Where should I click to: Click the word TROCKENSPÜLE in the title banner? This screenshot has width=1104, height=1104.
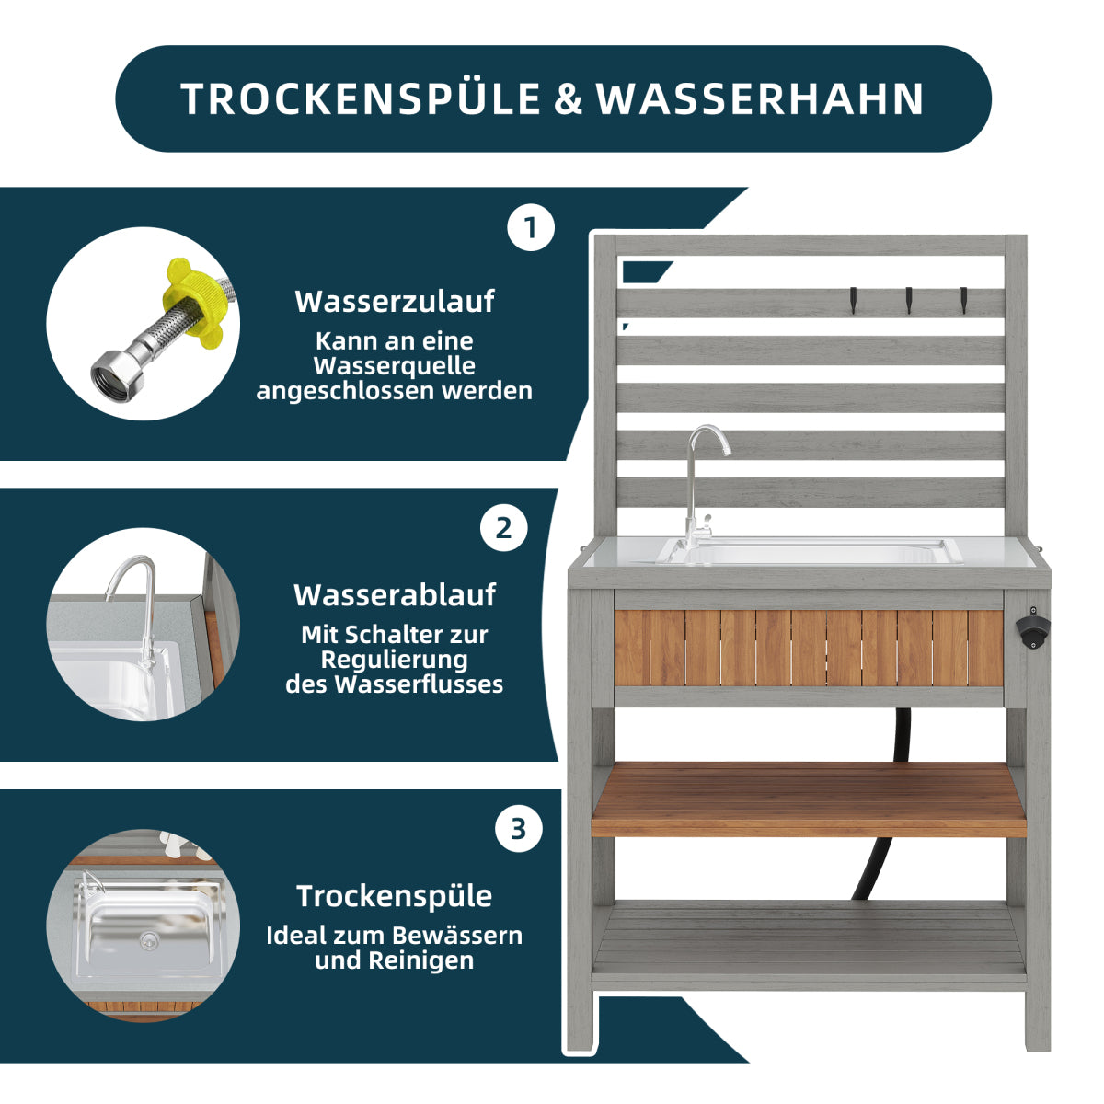(x=361, y=98)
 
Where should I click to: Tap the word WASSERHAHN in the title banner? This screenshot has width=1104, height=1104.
(x=760, y=99)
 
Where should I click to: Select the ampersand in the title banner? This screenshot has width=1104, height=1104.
(x=569, y=99)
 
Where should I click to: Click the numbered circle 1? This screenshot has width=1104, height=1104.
(x=531, y=227)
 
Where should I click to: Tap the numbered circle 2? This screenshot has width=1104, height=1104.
(x=503, y=528)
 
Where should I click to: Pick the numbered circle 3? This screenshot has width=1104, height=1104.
(x=519, y=829)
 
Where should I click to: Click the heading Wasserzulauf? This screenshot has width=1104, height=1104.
(x=395, y=302)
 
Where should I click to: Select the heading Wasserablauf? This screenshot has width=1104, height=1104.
(x=395, y=594)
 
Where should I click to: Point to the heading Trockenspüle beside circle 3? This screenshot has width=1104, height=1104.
(x=395, y=896)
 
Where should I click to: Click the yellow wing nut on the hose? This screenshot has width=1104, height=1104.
(x=192, y=303)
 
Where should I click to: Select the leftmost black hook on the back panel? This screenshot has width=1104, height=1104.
(x=853, y=300)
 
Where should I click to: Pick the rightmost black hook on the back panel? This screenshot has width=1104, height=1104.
(x=963, y=300)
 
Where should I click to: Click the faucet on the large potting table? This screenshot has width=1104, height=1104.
(x=702, y=487)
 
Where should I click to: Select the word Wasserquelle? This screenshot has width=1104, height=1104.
(x=395, y=366)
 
